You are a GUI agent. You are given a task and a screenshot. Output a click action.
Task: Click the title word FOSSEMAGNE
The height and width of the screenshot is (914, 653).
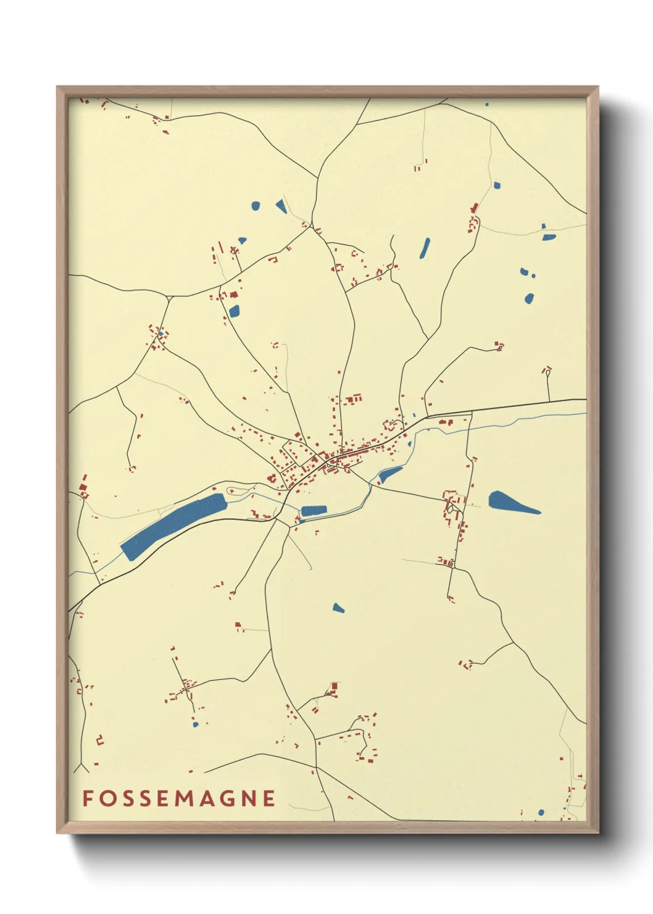click(x=179, y=798)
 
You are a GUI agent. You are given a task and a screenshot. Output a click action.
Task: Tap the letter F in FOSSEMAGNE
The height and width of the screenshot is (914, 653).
click(x=88, y=798)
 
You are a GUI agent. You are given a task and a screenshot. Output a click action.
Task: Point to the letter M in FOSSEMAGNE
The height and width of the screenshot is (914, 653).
click(x=185, y=798)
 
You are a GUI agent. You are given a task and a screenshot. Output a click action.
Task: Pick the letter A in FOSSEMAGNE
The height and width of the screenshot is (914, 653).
click(x=206, y=798)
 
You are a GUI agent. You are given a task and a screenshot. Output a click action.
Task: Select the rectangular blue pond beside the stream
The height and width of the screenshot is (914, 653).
click(x=314, y=510)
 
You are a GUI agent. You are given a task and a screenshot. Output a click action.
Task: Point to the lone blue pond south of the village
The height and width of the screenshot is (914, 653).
click(x=338, y=608)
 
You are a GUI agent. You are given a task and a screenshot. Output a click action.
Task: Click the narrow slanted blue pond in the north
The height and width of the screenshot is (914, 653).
click(x=425, y=248)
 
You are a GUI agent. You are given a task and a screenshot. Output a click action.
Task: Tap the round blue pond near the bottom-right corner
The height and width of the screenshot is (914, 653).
click(x=541, y=812)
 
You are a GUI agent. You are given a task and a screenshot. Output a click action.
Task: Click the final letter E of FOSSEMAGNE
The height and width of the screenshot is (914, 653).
click(x=269, y=798)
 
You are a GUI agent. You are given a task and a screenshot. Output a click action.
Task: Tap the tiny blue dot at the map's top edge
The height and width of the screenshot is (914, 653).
click(x=487, y=104)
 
